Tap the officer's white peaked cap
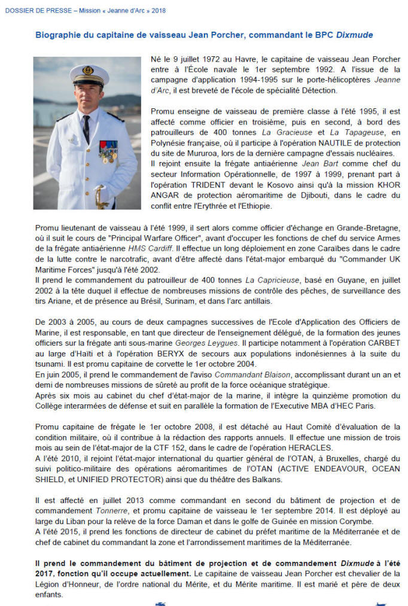coord(89,75)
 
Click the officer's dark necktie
coord(87,129)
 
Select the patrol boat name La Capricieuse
coord(266,280)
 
